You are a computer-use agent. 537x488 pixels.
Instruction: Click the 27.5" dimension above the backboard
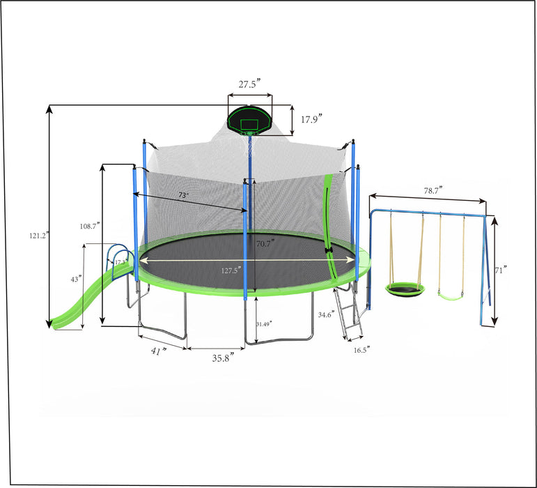pos(249,84)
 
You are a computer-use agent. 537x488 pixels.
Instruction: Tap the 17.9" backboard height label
pos(313,119)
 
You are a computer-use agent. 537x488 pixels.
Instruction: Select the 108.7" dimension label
pos(89,225)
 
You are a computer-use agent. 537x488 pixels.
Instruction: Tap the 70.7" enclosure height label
pos(264,243)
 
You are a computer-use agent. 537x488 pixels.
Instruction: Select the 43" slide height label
pos(75,278)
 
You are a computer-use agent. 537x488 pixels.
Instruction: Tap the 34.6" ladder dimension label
pos(325,315)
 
